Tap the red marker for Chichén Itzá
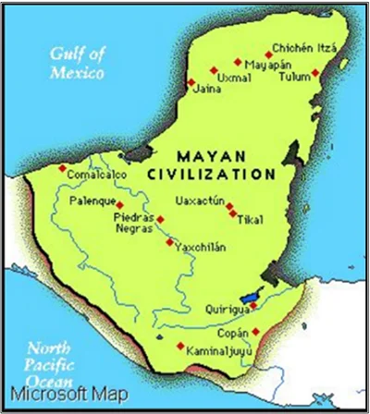269,53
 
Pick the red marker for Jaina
191,82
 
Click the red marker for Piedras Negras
160,219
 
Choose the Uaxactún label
201,201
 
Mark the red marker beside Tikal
230,208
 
